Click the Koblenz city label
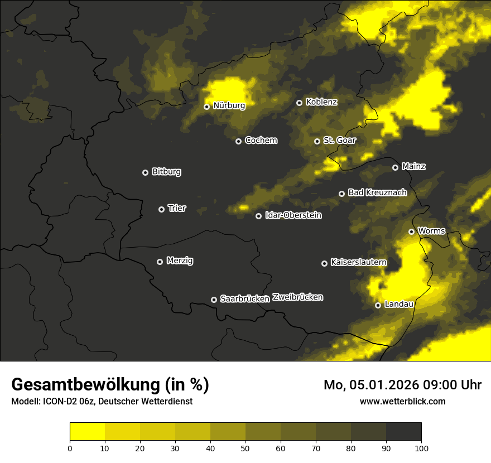(321, 102)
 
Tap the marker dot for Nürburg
(206, 107)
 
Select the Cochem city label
(261, 141)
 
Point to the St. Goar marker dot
(317, 141)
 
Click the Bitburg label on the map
(166, 172)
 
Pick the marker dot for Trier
(161, 209)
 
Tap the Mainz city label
(413, 166)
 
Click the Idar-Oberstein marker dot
(258, 216)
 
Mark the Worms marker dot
(411, 231)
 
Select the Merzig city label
(180, 261)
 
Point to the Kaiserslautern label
(358, 262)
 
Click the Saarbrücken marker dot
(214, 300)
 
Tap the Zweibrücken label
(297, 297)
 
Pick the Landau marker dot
(378, 305)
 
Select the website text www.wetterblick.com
(402, 401)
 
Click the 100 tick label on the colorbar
(421, 447)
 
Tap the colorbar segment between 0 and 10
(87, 432)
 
